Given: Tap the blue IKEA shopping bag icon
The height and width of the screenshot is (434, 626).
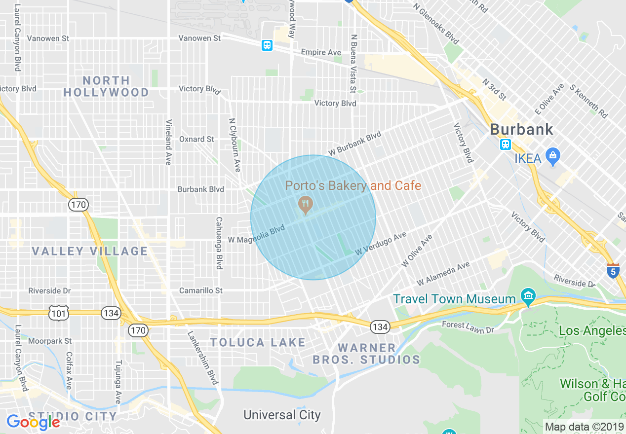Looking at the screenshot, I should tap(552, 157).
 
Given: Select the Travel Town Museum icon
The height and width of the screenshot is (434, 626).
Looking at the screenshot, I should tap(528, 297).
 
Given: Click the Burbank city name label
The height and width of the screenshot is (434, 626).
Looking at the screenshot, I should tap(521, 130).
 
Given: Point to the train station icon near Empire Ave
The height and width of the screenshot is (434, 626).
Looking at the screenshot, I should tap(267, 45).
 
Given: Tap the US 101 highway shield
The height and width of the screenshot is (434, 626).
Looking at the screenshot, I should tap(57, 312).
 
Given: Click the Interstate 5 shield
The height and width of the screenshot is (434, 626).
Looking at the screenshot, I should tap(613, 270).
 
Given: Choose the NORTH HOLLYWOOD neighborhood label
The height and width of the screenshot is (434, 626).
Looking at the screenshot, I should tap(106, 86).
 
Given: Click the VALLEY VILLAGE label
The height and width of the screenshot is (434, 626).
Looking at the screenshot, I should tap(90, 251).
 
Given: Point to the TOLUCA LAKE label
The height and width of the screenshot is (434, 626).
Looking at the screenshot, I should tap(258, 342).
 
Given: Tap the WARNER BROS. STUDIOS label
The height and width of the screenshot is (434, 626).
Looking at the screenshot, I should tap(366, 354).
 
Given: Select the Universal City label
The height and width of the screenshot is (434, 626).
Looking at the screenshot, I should tap(282, 415).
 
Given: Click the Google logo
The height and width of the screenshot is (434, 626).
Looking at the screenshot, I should tap(33, 422).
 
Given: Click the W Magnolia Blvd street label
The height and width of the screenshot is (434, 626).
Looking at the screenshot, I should tap(257, 234).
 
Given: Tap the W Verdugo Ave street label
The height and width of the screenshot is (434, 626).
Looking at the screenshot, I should tap(380, 244).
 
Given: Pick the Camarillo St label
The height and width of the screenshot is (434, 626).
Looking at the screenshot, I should tap(200, 290).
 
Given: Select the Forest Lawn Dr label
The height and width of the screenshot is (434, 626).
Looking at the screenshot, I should tap(468, 327).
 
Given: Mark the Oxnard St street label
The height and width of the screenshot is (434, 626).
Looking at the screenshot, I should tap(196, 139).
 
